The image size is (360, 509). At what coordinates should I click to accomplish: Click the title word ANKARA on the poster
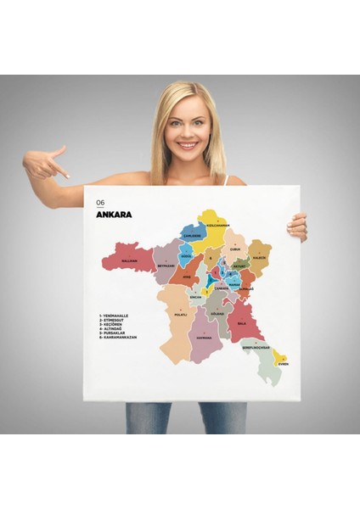click(115, 213)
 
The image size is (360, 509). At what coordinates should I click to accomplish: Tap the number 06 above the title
click(101, 203)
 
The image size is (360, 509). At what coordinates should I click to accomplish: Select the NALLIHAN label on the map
click(129, 260)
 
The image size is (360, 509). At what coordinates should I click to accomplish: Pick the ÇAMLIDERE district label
click(192, 235)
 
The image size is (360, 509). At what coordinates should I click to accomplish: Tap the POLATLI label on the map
click(180, 314)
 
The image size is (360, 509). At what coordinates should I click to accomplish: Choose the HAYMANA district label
click(204, 337)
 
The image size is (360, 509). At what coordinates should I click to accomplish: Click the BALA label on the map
click(240, 324)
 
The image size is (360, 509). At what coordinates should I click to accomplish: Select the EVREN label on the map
click(283, 364)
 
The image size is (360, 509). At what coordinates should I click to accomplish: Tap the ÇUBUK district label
click(236, 249)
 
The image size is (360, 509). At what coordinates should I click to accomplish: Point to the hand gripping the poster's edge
click(297, 226)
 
